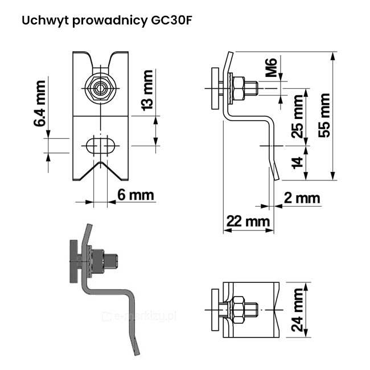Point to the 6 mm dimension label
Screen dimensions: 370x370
coord(135,195)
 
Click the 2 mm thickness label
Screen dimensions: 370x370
coord(302,198)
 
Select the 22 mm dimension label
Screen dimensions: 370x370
coord(248,221)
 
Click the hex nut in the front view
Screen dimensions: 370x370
coord(100,89)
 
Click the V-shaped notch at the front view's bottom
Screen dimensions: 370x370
coord(100,170)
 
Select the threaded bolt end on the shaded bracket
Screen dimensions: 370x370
coord(113,262)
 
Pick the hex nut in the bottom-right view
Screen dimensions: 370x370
coord(237,309)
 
